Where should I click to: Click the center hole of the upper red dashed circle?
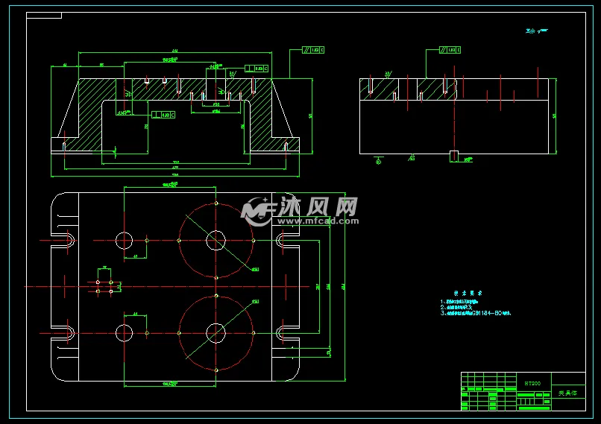tap(215, 240)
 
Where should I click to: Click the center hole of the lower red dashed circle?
tap(215, 332)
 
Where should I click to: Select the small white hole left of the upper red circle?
tap(123, 240)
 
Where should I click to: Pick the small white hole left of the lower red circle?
tap(123, 332)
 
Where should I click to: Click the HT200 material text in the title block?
tap(532, 383)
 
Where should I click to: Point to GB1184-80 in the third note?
tap(489, 314)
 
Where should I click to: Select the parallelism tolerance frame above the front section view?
tap(314, 50)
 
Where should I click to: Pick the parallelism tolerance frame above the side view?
tap(450, 50)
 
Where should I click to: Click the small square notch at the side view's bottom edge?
tap(453, 156)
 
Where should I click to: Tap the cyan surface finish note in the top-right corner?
tap(536, 31)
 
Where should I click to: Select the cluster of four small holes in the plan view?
tap(104, 287)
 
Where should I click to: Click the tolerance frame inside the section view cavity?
tap(163, 115)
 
